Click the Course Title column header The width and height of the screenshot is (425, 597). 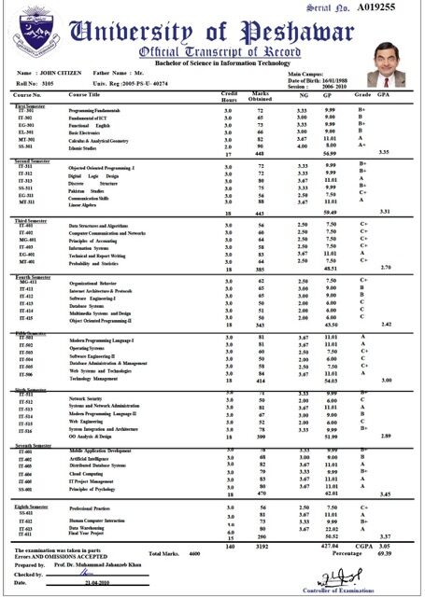click(x=85, y=95)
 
